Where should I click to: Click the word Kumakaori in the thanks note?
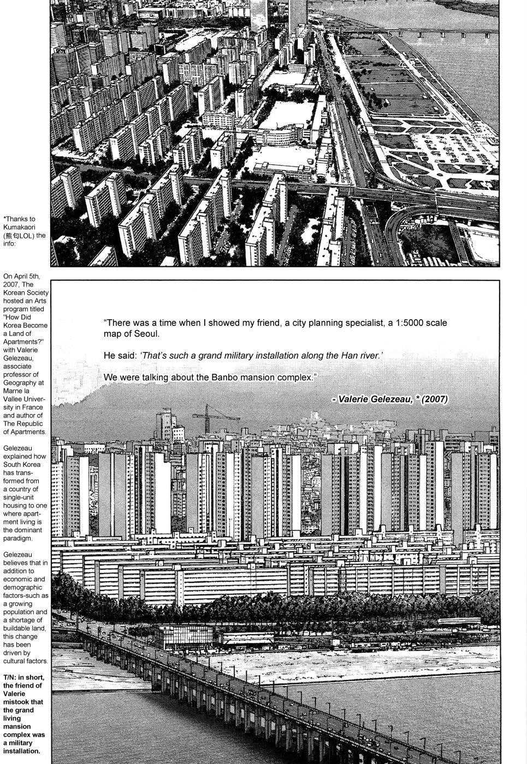tap(19, 227)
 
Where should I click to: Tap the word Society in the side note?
tap(35, 293)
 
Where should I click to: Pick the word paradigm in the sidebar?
tap(17, 538)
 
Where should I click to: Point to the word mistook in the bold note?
tap(15, 702)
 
